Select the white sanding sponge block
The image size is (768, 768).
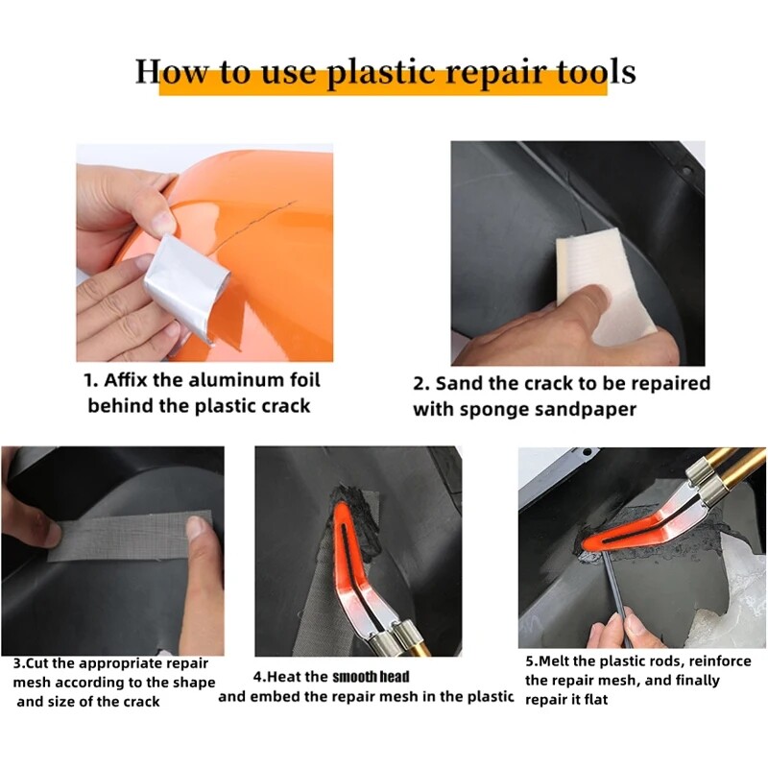[x=590, y=278]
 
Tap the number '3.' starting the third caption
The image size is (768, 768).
[x=20, y=663]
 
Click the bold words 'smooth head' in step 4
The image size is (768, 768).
[x=371, y=677]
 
